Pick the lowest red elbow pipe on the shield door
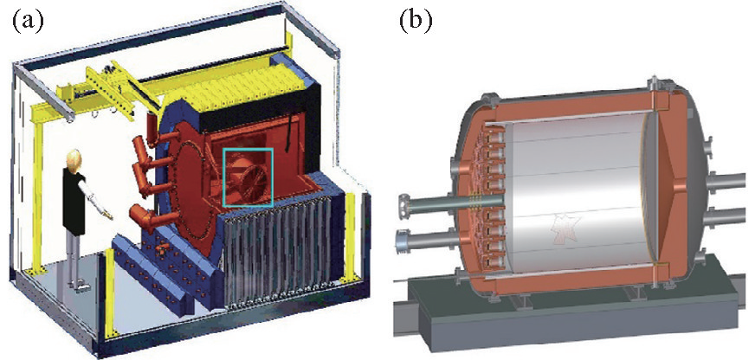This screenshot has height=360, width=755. click(139, 212)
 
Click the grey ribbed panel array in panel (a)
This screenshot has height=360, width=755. click(277, 260)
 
